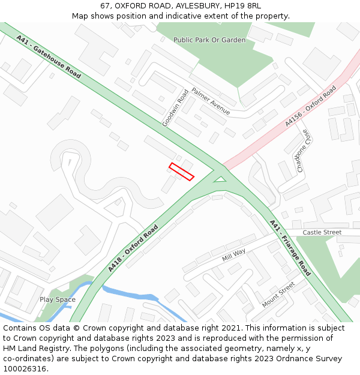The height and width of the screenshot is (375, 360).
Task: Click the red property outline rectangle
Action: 181,172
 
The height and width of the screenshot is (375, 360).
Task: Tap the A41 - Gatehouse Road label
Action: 49,56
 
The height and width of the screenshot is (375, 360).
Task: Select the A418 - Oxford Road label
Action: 133,249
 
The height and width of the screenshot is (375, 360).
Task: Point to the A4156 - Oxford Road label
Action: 310,106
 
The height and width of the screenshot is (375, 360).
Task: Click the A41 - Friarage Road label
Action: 290,248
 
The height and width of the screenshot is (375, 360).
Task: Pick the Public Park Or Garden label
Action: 209,40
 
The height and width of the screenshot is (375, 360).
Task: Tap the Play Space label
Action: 58,299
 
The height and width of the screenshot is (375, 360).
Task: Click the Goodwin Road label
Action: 175,108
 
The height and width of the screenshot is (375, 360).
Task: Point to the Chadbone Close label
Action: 304,151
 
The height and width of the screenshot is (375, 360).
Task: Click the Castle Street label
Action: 322,232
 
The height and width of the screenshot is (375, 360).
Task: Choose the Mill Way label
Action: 234,255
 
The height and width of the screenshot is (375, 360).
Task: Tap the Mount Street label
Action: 278,294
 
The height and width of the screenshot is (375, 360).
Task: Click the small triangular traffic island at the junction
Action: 220,178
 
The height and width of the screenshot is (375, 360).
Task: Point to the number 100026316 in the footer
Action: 23,368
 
